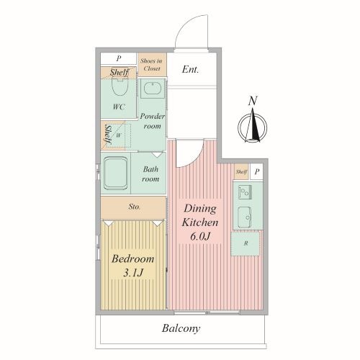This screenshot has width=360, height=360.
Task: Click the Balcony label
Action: (x=181, y=328)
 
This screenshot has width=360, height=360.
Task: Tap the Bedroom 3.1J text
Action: (x=133, y=266)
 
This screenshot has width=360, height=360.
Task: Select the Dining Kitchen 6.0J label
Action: (x=200, y=222)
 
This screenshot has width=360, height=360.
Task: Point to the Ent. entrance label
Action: (x=190, y=69)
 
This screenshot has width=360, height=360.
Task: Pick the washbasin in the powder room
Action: (x=153, y=89)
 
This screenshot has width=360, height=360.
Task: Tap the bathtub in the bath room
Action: (x=115, y=173)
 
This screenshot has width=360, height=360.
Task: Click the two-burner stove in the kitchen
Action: (x=245, y=192)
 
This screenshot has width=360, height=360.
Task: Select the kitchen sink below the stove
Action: (x=245, y=217)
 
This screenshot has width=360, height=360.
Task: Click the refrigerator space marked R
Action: (x=245, y=243)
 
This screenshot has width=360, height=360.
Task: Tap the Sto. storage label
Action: (x=134, y=207)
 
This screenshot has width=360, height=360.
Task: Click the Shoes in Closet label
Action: (x=152, y=65)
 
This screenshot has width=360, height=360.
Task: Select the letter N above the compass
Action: (x=253, y=101)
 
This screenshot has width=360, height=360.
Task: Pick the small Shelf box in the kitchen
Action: (x=241, y=171)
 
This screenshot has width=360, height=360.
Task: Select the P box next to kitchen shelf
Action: (x=257, y=172)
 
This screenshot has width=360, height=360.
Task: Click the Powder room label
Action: (x=152, y=121)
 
